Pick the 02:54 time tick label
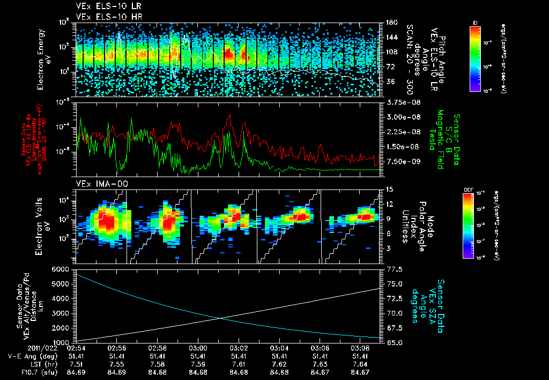pos(77,348)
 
